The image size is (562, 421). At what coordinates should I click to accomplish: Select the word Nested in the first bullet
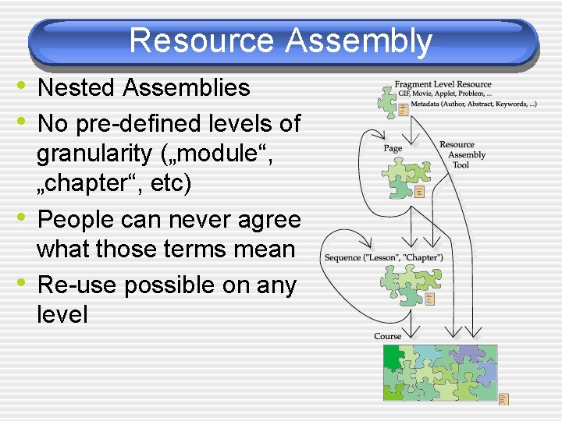click(x=77, y=88)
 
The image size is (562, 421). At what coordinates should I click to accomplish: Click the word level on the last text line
click(x=62, y=315)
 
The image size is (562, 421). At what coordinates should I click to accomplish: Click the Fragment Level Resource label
click(x=443, y=84)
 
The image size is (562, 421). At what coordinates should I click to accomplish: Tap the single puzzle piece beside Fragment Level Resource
click(x=386, y=101)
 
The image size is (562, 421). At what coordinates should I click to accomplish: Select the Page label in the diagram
click(x=393, y=148)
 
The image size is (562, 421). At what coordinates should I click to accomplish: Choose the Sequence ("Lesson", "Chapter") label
click(x=383, y=257)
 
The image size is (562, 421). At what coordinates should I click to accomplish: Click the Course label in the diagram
click(x=387, y=336)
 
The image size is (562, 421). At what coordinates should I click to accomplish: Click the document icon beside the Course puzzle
click(x=503, y=399)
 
